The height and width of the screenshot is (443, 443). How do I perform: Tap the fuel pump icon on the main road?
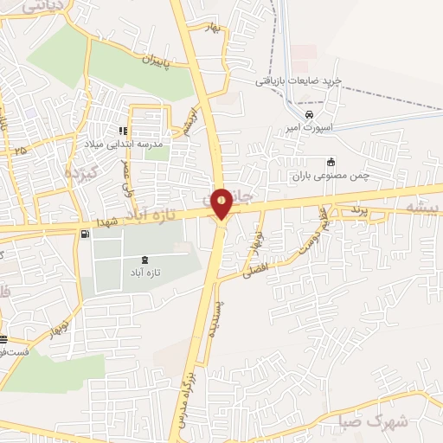point(83,234)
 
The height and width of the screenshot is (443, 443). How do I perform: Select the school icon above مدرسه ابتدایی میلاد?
point(135,131)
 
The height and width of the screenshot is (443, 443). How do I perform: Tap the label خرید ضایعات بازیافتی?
point(299,80)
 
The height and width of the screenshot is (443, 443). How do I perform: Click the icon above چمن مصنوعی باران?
point(331,162)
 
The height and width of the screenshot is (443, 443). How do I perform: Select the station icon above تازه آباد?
point(144,259)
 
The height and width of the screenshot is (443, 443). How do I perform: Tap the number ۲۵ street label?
point(21,151)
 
